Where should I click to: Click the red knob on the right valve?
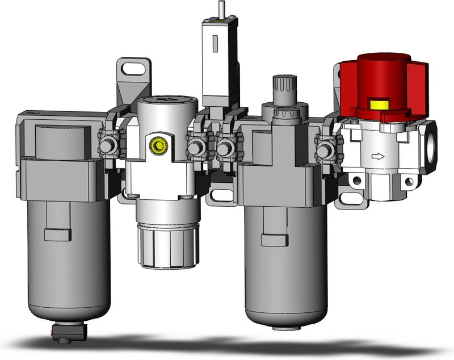point(383,77)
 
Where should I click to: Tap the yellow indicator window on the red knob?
point(377,104)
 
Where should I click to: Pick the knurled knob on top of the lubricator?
point(281,88)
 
